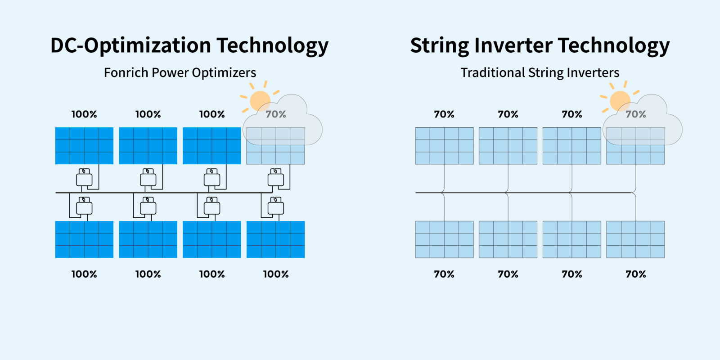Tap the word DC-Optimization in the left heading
130,45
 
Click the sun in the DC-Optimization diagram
260,101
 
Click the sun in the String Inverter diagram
620,101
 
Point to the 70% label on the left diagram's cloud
276,114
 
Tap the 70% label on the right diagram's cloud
636,114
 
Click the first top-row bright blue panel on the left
84,146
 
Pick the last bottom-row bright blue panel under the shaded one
275,239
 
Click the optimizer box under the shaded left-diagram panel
276,179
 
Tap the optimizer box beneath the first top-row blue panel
84,179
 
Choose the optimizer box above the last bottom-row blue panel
276,207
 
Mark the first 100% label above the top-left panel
84,114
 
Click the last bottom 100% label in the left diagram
276,274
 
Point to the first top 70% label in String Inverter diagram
444,114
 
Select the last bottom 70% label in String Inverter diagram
636,274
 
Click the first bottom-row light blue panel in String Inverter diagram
444,239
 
